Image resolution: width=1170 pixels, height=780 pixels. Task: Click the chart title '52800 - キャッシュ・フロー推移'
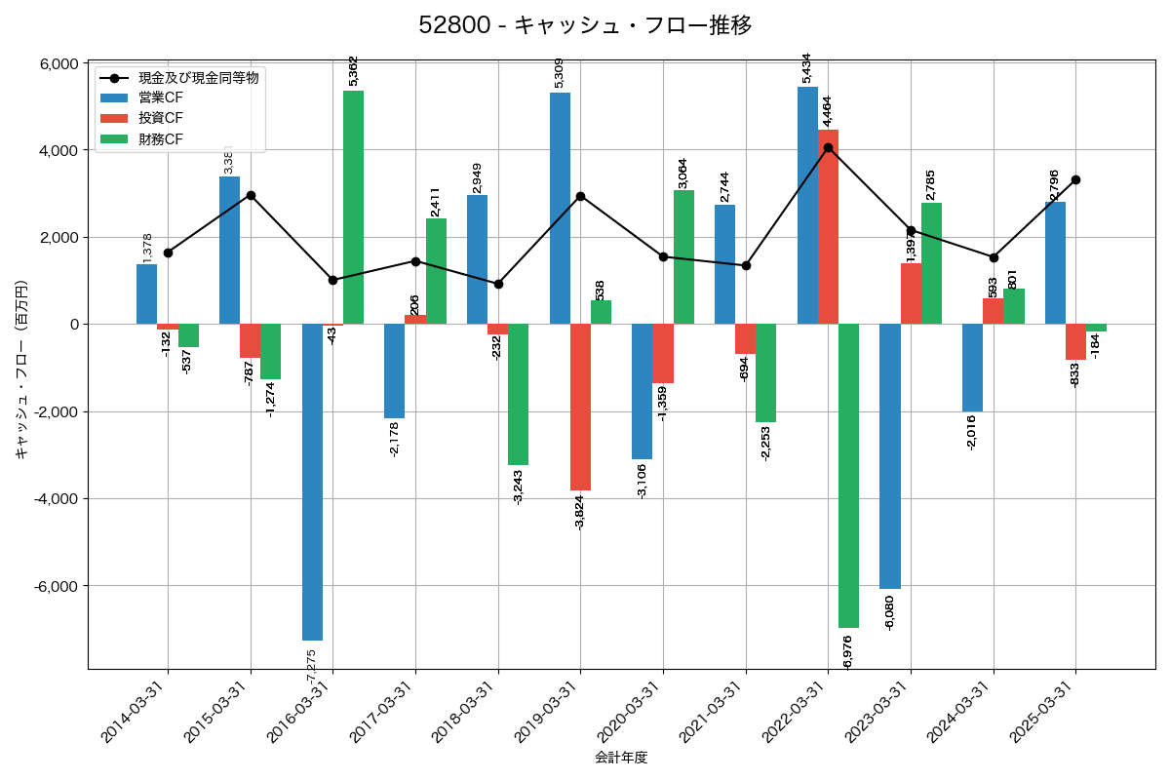click(x=585, y=25)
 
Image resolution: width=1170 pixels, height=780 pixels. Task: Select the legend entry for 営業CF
click(x=160, y=97)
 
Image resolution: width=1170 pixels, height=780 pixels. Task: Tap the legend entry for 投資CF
click(x=160, y=118)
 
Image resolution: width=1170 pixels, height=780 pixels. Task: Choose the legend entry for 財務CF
click(x=160, y=138)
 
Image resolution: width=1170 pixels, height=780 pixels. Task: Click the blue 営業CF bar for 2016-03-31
click(x=312, y=482)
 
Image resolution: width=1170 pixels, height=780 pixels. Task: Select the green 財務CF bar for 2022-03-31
click(x=848, y=476)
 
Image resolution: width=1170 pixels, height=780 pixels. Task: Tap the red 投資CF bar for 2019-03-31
click(x=580, y=407)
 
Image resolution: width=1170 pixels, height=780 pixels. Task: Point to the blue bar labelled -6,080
click(x=889, y=456)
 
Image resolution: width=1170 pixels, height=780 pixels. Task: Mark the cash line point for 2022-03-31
click(x=828, y=148)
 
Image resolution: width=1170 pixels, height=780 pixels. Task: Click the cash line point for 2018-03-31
click(x=498, y=284)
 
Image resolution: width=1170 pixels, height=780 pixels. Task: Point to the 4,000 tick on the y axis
click(x=58, y=151)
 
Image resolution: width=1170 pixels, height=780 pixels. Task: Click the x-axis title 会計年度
click(x=621, y=758)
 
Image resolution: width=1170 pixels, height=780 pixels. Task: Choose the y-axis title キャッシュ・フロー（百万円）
click(x=21, y=370)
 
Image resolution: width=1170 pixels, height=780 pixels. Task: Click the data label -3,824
click(x=580, y=512)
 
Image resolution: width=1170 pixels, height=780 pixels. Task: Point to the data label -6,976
click(x=847, y=652)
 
